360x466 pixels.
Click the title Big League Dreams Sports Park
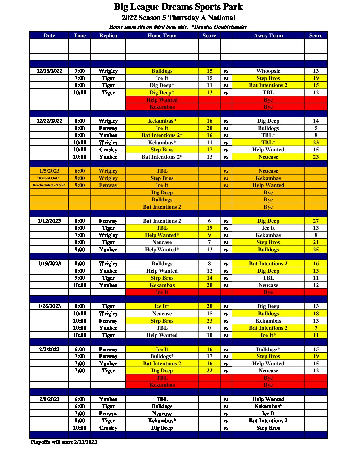(178, 7)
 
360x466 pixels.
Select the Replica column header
(108, 36)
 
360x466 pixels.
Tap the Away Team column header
(268, 36)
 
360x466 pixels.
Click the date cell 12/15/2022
(49, 71)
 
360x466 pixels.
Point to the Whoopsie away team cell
(268, 71)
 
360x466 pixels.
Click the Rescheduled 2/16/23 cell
(49, 185)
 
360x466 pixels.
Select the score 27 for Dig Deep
(316, 221)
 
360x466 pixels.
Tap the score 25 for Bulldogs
(316, 250)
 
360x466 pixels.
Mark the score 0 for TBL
(209, 328)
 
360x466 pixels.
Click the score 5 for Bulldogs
(316, 128)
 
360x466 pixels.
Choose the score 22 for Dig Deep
(209, 371)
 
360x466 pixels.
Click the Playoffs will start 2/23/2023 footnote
(64, 442)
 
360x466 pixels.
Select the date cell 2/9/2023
(49, 399)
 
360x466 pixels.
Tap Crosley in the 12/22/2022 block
(108, 150)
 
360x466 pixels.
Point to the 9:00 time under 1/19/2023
(79, 278)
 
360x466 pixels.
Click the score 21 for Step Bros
(316, 242)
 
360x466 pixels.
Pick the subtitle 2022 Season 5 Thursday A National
(178, 18)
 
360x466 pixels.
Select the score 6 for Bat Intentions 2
(209, 221)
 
